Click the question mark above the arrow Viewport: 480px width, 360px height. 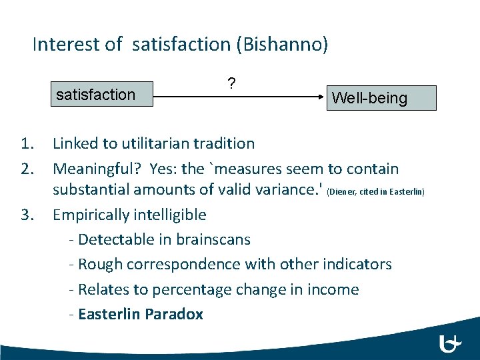tap(231, 83)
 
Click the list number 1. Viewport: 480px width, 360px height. tap(27, 143)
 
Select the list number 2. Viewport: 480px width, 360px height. tap(27, 169)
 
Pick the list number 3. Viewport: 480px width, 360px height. tap(27, 215)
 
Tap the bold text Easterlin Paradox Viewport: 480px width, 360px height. tap(140, 314)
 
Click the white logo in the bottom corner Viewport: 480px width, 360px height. tap(450, 343)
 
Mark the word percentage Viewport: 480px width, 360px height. tap(189, 289)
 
